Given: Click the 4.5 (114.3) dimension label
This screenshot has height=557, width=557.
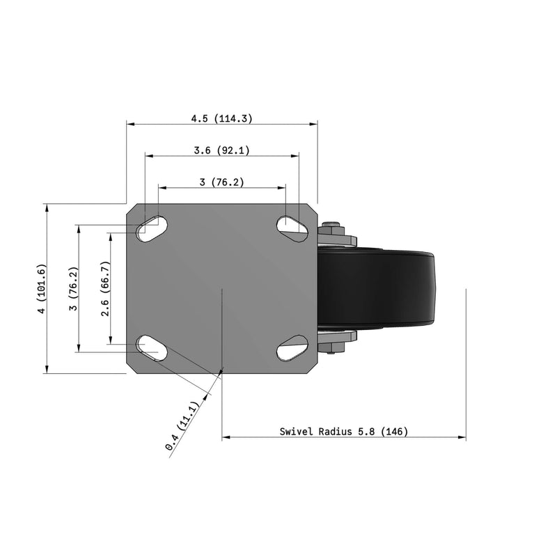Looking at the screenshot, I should click(221, 118).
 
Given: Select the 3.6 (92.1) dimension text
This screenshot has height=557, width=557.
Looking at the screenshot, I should click(221, 150).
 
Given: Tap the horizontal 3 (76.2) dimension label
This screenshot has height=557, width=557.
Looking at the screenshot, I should click(221, 182).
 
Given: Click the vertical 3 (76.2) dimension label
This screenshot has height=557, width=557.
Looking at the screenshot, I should click(73, 288).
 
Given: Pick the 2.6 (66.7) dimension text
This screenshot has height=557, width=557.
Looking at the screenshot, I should click(105, 288).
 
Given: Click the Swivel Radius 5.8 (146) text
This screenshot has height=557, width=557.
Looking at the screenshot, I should click(343, 432).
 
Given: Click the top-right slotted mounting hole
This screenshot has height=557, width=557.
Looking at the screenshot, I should click(293, 225).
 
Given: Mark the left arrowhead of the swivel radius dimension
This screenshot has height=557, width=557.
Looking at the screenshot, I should click(225, 437).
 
